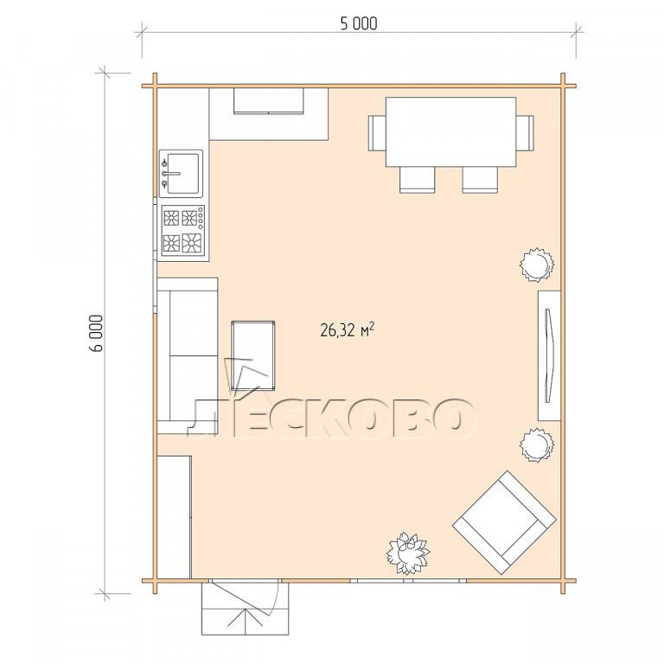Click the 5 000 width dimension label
359,23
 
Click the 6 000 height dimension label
97,333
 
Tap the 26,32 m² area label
348,330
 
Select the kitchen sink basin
183,174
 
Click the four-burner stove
183,231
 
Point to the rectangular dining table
451,131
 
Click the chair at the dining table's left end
377,133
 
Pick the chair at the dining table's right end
525,133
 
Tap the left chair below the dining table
418,180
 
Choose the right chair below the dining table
480,180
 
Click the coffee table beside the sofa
252,355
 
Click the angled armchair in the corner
504,522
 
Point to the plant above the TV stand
537,265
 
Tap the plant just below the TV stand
537,444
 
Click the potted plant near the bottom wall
408,553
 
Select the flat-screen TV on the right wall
548,355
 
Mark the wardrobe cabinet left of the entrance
175,517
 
